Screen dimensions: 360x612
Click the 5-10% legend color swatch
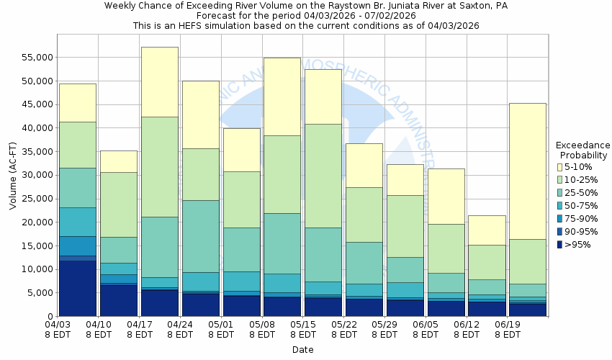[x=561, y=167]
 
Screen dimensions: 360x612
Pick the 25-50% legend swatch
[x=561, y=193]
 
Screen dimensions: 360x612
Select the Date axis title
[x=302, y=349]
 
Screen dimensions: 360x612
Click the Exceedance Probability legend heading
[x=583, y=150]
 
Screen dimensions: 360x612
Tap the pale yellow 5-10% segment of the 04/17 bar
[x=160, y=81]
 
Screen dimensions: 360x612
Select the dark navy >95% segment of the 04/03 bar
[x=78, y=288]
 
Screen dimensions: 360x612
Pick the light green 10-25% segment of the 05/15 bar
[x=323, y=176]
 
